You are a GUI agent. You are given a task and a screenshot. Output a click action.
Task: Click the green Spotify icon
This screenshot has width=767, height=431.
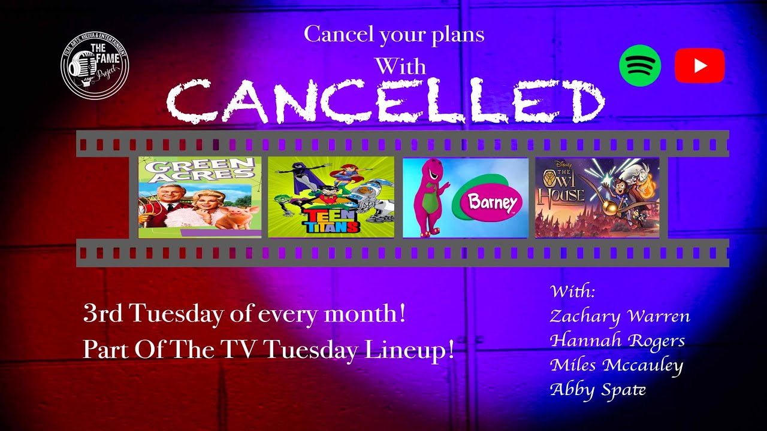[640, 66]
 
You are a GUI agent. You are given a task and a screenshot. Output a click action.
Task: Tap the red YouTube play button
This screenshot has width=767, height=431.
[699, 66]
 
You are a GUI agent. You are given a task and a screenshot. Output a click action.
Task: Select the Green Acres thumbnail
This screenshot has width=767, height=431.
[200, 197]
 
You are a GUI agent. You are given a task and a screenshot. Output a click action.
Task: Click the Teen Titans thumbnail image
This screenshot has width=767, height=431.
[331, 197]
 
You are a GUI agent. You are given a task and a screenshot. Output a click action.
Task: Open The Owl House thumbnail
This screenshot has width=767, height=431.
[597, 197]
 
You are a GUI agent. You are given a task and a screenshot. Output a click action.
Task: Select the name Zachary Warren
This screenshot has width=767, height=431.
[620, 316]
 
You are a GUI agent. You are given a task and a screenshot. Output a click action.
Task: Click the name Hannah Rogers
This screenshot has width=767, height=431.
[617, 341]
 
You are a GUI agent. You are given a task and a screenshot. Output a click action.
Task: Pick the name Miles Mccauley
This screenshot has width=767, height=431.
[616, 365]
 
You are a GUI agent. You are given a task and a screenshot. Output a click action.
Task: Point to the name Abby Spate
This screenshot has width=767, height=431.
[597, 390]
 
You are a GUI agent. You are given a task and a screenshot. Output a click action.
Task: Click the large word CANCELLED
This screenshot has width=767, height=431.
[385, 102]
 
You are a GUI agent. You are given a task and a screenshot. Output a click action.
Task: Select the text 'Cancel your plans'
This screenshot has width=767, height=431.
[394, 34]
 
